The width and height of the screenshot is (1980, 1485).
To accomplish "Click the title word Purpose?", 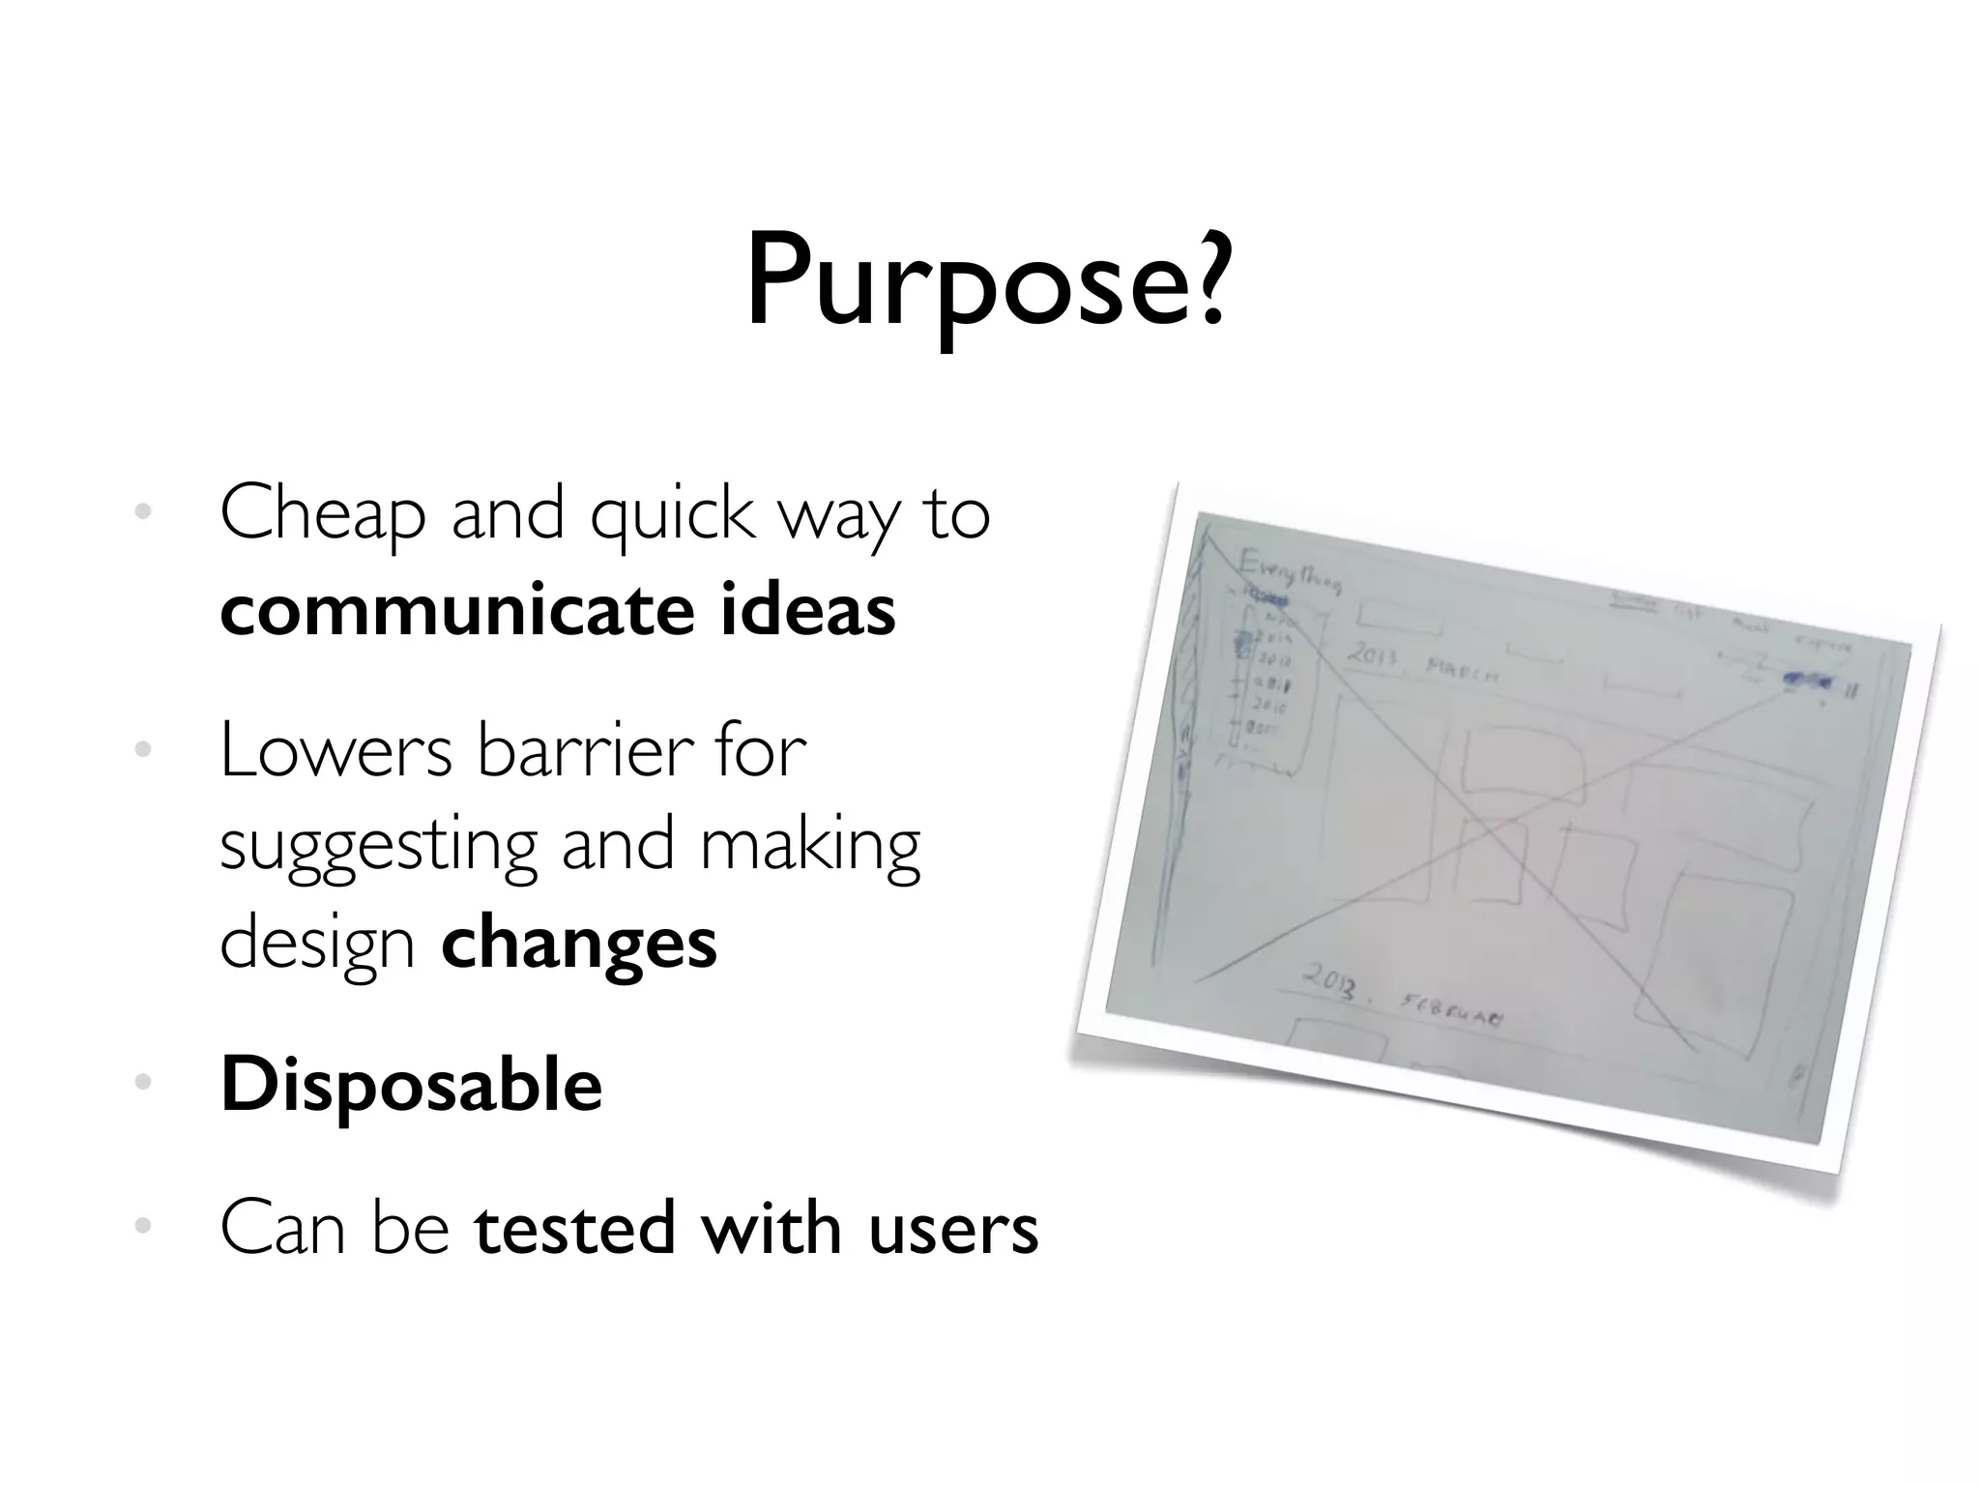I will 986,282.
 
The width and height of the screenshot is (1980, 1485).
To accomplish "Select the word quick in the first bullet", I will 672,513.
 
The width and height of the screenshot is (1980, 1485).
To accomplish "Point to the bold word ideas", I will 807,611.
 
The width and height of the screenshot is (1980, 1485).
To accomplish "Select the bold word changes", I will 579,943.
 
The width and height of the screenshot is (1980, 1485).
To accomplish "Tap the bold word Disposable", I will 411,1085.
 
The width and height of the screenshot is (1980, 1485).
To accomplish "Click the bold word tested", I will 574,1228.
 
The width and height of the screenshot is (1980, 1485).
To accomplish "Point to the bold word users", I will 953,1228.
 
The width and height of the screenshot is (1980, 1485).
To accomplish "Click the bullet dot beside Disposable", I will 143,1083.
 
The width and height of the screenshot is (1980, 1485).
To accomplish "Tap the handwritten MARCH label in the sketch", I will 1462,670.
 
